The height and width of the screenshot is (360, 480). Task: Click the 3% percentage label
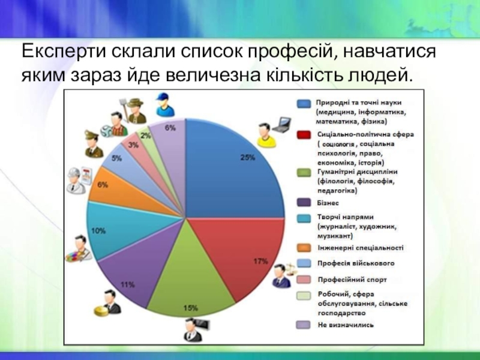[x=133, y=145]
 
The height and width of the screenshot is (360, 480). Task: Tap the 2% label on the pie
[x=146, y=135]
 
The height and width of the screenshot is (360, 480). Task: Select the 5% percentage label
[x=116, y=158]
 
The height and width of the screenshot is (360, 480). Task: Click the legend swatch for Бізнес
[x=304, y=203]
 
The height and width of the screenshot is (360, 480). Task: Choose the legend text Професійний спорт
[x=352, y=280]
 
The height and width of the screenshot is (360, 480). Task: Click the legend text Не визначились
[x=346, y=325]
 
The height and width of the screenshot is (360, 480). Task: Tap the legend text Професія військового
[x=356, y=263]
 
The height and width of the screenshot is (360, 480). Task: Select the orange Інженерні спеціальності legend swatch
[x=304, y=248]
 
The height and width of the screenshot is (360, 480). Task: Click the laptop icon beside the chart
[x=281, y=125]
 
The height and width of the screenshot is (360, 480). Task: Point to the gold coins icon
[x=101, y=311]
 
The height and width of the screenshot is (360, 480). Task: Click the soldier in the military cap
[x=94, y=143]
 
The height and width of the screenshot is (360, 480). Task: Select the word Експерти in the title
[x=64, y=52]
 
